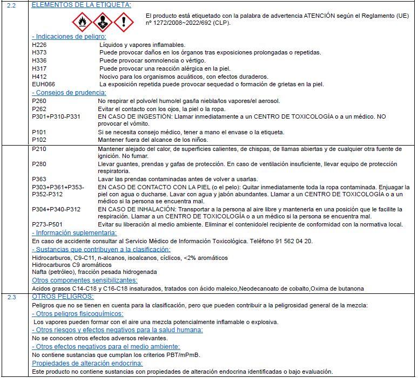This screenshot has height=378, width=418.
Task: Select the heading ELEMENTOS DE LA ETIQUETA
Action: coord(82,5)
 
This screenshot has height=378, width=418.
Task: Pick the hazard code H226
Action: coord(39,45)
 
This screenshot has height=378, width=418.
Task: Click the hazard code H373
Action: coord(39,52)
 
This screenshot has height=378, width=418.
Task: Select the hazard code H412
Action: coord(39,77)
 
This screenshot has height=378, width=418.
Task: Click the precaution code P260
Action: coord(39,101)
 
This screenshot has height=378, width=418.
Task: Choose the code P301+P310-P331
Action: coord(56,116)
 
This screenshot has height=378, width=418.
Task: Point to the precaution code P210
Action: coord(39,148)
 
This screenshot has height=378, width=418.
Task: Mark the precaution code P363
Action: coord(39,179)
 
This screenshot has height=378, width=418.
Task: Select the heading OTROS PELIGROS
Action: coord(64,297)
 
